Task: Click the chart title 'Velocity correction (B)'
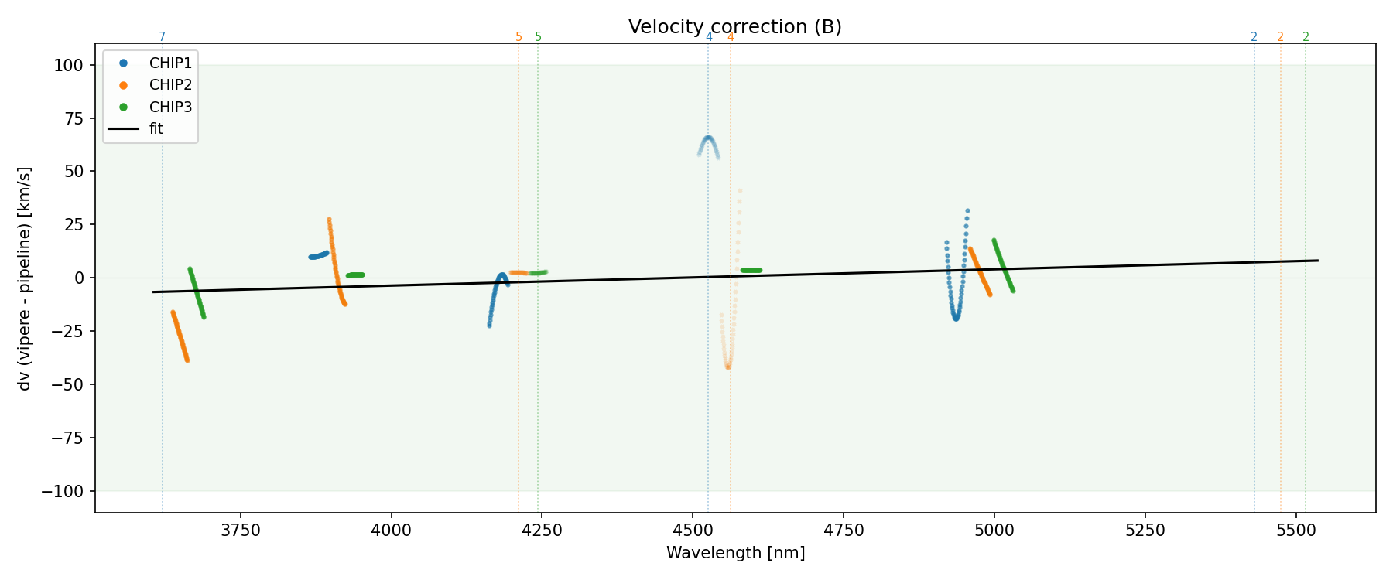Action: [x=734, y=27]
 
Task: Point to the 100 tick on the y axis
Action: [x=68, y=65]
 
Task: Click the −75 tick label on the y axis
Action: [x=64, y=438]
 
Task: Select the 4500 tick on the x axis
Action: [x=693, y=531]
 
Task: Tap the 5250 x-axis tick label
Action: [x=1145, y=531]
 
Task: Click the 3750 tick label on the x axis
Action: [x=241, y=531]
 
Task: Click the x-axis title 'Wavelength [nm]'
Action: [x=735, y=553]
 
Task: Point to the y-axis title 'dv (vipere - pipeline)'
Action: [x=25, y=278]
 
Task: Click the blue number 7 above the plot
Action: [x=162, y=37]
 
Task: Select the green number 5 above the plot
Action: [x=538, y=37]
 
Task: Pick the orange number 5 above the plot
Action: [x=519, y=37]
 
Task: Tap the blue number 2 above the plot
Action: [x=1254, y=37]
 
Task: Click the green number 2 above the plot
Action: [x=1306, y=37]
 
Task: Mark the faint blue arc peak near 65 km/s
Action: [x=708, y=138]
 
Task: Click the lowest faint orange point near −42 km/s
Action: [x=727, y=367]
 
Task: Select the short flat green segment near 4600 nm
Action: [x=751, y=270]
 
